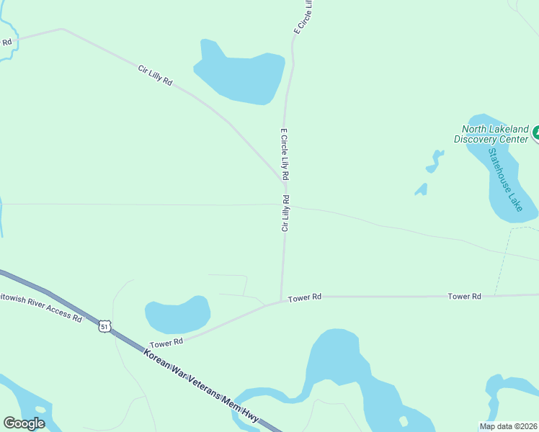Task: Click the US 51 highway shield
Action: (x=105, y=327)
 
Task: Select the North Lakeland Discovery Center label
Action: (x=495, y=134)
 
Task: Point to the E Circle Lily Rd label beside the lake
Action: (x=285, y=154)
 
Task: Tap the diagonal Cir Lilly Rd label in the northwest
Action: (x=156, y=76)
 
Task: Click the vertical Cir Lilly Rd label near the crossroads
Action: (x=285, y=213)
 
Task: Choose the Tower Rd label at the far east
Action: (x=464, y=296)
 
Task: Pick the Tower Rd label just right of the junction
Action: (x=305, y=297)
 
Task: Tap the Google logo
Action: (x=24, y=423)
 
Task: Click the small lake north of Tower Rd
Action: (x=177, y=315)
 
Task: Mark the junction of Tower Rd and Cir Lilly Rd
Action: (x=281, y=302)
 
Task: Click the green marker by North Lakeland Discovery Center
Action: (x=535, y=132)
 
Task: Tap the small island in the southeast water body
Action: (x=403, y=420)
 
